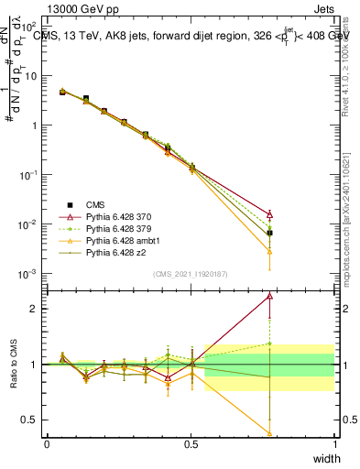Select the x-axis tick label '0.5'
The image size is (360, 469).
191,444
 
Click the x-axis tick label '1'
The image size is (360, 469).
334,444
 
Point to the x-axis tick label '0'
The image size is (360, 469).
47,444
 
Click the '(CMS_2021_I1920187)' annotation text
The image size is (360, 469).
190,274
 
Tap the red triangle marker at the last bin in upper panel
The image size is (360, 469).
269,214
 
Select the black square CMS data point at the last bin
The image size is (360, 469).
269,233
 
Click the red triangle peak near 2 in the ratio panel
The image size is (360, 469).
269,296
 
